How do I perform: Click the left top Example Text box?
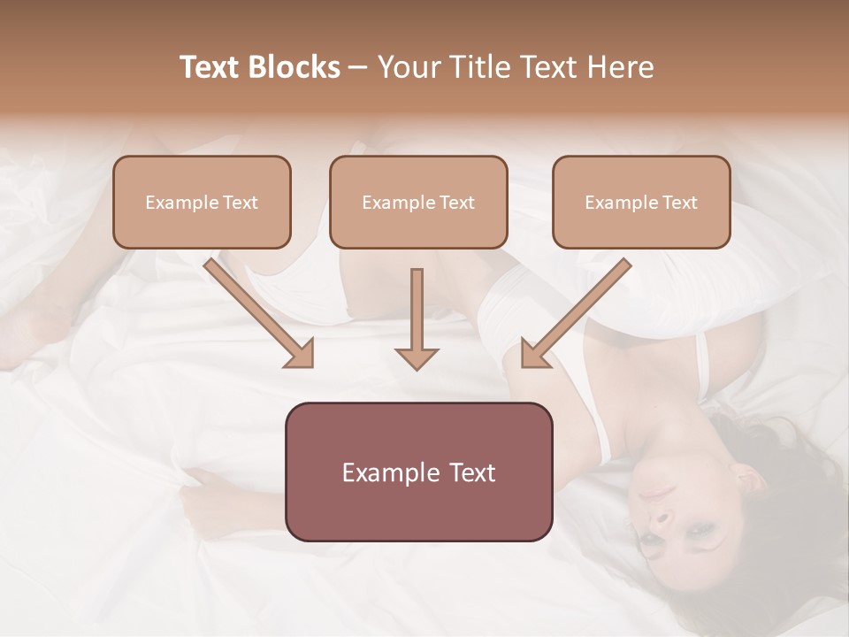202,202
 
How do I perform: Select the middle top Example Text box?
418,202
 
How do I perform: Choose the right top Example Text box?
641,202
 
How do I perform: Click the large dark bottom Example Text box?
418,472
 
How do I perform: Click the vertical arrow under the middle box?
417,314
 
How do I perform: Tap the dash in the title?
358,67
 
